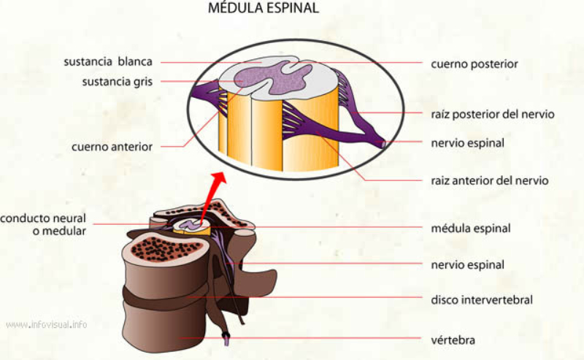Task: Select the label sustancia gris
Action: tap(118, 82)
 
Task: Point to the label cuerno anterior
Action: tap(112, 146)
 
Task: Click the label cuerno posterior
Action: tap(474, 64)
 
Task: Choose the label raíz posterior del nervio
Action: tap(493, 114)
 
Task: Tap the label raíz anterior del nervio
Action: tap(489, 180)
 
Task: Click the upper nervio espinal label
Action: tap(467, 142)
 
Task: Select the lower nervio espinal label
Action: tap(467, 264)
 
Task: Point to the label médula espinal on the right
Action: tap(470, 228)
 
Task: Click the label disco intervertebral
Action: tap(482, 299)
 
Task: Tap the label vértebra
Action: tap(453, 339)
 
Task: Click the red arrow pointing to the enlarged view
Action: tap(213, 190)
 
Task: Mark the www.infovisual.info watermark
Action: tap(47, 323)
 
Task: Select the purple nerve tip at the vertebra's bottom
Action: tap(229, 337)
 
